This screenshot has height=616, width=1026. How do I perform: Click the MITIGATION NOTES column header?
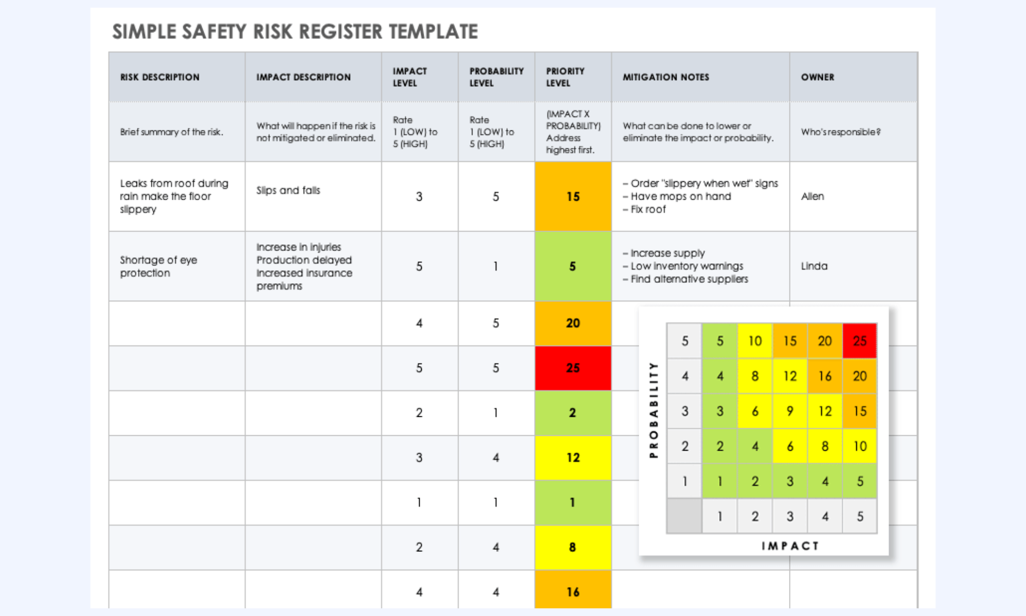click(x=666, y=77)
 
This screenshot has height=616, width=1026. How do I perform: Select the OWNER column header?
click(x=818, y=77)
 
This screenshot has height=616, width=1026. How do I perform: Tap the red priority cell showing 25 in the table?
click(x=573, y=368)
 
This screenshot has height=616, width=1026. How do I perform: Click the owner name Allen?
click(x=813, y=196)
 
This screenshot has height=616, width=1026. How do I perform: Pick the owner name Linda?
click(x=814, y=266)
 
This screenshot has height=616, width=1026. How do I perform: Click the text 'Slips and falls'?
click(x=288, y=190)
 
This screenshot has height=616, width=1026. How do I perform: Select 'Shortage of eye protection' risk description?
click(x=159, y=266)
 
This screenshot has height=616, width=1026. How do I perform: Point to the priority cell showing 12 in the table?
click(x=573, y=458)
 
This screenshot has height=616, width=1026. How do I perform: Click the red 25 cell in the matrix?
click(x=860, y=341)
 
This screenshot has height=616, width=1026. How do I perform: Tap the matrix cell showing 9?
click(x=790, y=411)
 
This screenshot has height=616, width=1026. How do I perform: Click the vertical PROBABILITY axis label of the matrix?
click(x=653, y=410)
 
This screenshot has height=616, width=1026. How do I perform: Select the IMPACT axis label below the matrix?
click(x=790, y=546)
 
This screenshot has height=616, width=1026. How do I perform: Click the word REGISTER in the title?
click(x=341, y=32)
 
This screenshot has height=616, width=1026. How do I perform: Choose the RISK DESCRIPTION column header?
click(x=160, y=77)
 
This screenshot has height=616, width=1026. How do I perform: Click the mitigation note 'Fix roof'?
click(x=644, y=209)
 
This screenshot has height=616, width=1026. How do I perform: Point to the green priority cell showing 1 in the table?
click(x=573, y=503)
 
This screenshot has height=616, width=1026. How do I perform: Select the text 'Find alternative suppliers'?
click(x=685, y=279)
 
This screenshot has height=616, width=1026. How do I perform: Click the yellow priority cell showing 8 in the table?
click(x=573, y=547)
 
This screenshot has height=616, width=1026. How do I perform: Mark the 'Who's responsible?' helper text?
click(x=841, y=132)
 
